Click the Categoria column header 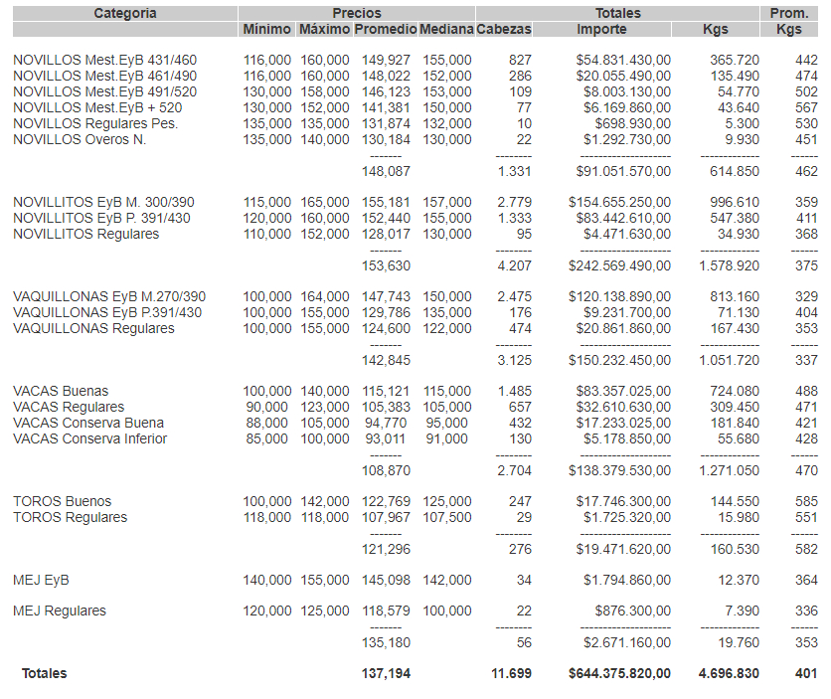pos(125,13)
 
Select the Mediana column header pos(446,30)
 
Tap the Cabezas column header pos(504,30)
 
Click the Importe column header pos(601,30)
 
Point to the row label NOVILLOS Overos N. pos(80,139)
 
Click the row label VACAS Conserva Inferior pos(89,438)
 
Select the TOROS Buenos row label pos(62,501)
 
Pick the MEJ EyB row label pos(41,580)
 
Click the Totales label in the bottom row pos(45,673)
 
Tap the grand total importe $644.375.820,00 pos(619,673)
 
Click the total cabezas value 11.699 pos(512,673)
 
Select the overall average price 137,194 pos(386,673)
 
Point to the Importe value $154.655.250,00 pos(619,202)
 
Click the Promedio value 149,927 pos(382,60)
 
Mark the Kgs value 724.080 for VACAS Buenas pos(734,391)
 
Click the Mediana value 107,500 pos(446,517)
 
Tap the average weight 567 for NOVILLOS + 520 pos(806,107)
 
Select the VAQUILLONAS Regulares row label pos(93,328)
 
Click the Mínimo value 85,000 pos(267,438)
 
